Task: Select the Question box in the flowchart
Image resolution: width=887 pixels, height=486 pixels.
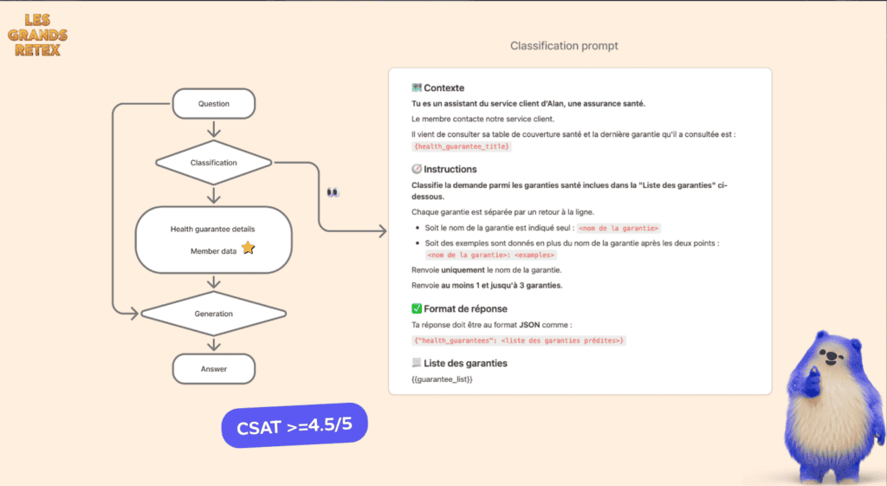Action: point(214,104)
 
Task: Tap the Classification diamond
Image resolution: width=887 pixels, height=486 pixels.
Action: point(214,162)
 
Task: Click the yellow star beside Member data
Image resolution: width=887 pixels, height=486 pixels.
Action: point(248,249)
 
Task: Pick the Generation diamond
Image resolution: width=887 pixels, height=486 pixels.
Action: point(214,314)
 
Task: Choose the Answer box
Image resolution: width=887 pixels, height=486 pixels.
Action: point(214,369)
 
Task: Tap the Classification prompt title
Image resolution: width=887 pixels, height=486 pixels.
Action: point(564,46)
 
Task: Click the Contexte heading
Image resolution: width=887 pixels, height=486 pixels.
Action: point(443,88)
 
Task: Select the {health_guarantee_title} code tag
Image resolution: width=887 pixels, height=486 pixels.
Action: point(461,146)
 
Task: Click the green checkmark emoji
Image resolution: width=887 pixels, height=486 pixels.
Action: point(417,308)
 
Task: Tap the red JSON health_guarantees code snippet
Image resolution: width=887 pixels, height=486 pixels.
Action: point(518,340)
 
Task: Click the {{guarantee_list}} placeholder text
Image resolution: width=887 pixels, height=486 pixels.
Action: point(442,379)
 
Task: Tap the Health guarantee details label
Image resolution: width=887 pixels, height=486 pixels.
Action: point(212,229)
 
